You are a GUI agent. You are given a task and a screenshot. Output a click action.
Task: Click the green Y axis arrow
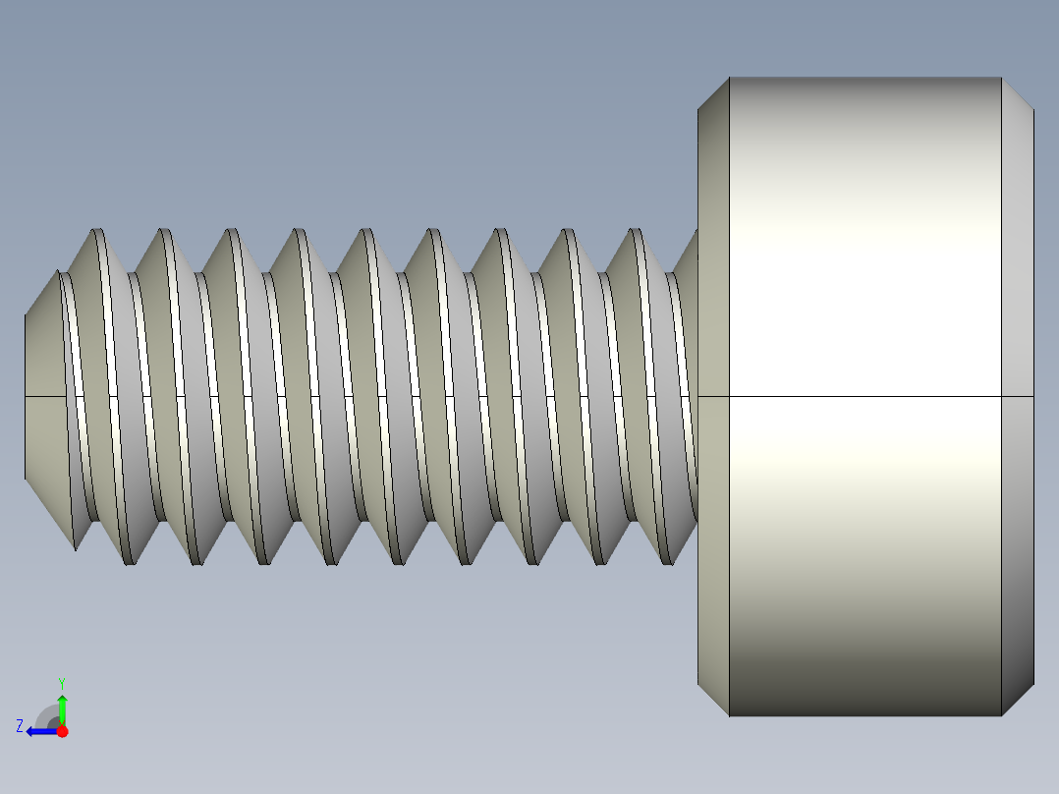(x=62, y=707)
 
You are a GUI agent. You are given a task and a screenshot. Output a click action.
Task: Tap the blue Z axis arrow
(x=37, y=731)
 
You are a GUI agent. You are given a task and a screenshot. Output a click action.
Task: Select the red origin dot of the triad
(x=62, y=731)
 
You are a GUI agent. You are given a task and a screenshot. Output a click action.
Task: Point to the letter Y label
(x=61, y=682)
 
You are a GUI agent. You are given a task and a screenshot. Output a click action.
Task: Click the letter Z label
(x=20, y=726)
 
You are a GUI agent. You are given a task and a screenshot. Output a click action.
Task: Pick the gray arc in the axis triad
(x=46, y=715)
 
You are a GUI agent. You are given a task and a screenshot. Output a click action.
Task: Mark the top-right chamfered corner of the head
(x=1018, y=93)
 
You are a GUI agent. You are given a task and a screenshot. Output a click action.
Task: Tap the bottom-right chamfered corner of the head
(x=1018, y=700)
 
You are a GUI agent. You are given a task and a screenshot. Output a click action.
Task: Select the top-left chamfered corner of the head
(x=713, y=93)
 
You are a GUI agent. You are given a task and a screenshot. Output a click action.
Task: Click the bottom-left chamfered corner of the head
(x=713, y=700)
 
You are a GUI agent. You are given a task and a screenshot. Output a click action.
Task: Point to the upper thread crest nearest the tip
(x=98, y=232)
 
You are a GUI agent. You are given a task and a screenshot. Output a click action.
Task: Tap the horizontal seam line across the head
(x=864, y=397)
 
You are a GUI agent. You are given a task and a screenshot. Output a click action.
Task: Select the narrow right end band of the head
(x=1018, y=295)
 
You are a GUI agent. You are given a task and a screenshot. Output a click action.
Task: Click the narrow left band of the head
(x=713, y=295)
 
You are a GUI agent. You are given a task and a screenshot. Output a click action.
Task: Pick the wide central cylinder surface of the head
(x=864, y=246)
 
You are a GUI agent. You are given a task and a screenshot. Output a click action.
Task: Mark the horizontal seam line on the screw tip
(x=44, y=396)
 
